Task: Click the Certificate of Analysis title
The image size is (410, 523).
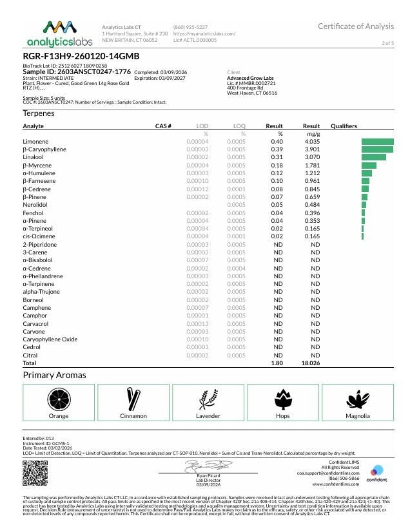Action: (x=355, y=26)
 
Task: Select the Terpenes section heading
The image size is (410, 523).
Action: (x=38, y=113)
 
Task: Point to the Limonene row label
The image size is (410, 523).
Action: (x=35, y=141)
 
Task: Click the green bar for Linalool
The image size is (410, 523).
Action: (x=374, y=157)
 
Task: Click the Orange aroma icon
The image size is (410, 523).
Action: (x=59, y=398)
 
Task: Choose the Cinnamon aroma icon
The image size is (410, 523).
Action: (x=133, y=398)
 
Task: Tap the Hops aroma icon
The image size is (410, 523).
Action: (x=283, y=398)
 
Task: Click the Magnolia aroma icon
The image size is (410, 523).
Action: (x=358, y=398)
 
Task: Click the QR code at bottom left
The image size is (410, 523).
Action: (x=35, y=473)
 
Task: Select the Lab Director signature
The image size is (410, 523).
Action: (x=204, y=465)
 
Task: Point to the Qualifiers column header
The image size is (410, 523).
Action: (x=344, y=126)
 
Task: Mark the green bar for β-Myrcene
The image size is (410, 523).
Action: (x=369, y=165)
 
